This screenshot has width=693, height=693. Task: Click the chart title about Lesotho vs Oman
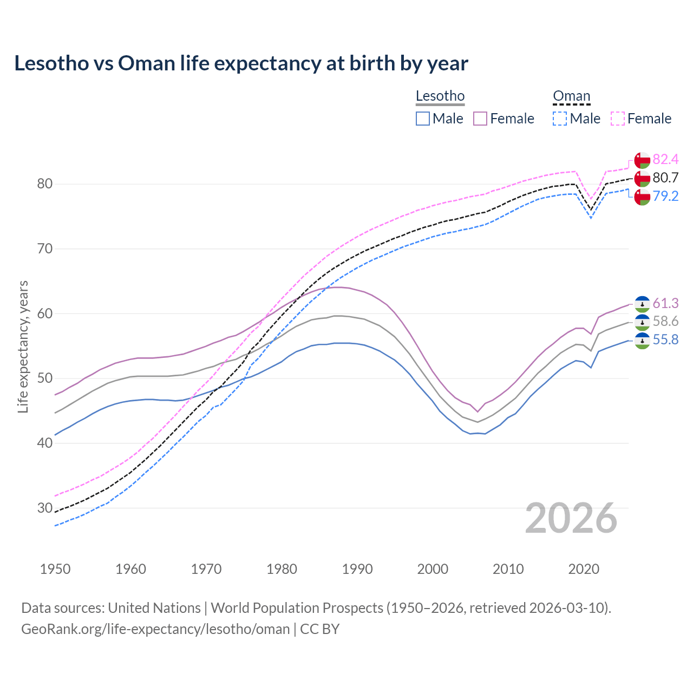tap(241, 63)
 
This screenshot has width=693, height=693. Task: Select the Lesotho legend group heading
tap(440, 96)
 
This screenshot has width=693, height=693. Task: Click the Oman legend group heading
tap(571, 96)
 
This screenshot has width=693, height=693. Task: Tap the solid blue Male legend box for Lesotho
tap(423, 119)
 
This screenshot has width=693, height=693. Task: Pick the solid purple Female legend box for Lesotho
tap(480, 119)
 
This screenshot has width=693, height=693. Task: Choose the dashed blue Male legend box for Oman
tap(560, 119)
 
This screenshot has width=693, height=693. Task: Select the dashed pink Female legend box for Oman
tap(618, 119)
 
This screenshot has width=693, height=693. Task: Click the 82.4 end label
tap(665, 159)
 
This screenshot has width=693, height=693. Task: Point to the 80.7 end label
tap(665, 178)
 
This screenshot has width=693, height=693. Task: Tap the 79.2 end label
tap(665, 196)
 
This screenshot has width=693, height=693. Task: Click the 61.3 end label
tap(665, 303)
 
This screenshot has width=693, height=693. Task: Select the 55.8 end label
tap(665, 340)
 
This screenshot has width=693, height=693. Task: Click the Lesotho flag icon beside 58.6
tap(642, 322)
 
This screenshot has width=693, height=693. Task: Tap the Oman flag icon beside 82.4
tap(642, 160)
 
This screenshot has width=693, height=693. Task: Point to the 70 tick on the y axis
tap(45, 249)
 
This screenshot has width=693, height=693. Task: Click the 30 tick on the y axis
tap(45, 508)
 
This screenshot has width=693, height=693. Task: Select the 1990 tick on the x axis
tap(357, 569)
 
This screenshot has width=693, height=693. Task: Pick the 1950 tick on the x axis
tap(55, 569)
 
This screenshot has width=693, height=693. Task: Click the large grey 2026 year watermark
tap(571, 518)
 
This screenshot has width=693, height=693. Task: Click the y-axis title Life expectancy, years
tap(23, 346)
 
